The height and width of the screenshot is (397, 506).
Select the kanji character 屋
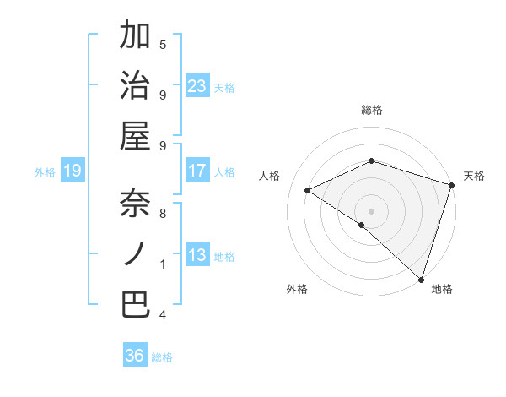click(136, 134)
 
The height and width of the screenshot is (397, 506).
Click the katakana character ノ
click(136, 253)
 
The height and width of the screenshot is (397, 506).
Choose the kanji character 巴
click(136, 304)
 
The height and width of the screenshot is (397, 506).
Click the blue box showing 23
click(197, 85)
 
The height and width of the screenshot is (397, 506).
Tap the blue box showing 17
click(197, 171)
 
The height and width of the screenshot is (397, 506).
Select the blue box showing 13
click(197, 255)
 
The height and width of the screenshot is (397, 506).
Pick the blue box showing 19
click(72, 171)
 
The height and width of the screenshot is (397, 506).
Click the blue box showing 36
click(135, 356)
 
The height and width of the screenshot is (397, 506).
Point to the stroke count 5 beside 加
click(163, 44)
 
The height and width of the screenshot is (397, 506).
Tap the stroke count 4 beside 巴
click(163, 315)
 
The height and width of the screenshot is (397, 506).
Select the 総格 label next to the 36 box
click(162, 357)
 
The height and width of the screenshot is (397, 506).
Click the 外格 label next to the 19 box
click(45, 172)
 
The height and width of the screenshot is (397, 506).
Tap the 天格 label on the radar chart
click(474, 176)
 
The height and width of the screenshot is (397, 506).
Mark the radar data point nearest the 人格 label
click(308, 191)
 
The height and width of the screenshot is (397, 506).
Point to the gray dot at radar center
click(371, 210)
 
